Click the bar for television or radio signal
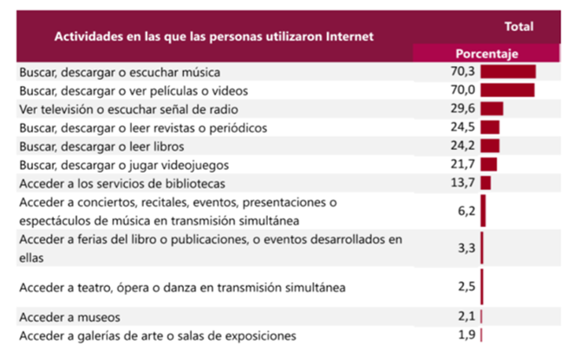492,108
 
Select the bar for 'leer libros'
489,146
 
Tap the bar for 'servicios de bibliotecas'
486,182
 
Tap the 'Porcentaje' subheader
487,54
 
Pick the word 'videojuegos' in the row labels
198,164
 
